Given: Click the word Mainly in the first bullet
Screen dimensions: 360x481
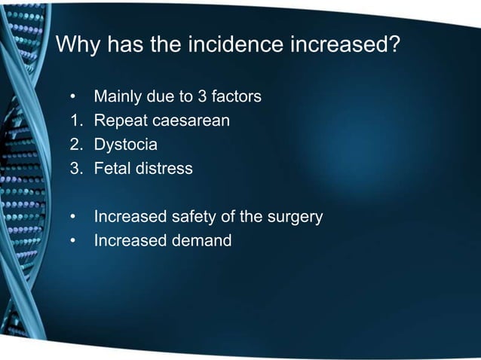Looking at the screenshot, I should click(117, 97).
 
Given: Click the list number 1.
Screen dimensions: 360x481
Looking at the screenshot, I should click(74, 121).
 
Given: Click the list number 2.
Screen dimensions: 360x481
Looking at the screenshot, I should click(74, 145).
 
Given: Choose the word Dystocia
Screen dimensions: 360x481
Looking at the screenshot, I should click(125, 145).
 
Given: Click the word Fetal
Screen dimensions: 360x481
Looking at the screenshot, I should click(112, 169).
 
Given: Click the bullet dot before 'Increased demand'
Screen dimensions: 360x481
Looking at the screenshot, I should click(73, 242).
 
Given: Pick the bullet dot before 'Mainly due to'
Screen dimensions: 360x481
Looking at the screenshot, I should click(73, 97).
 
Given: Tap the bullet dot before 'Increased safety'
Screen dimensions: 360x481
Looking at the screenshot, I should click(73, 218).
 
